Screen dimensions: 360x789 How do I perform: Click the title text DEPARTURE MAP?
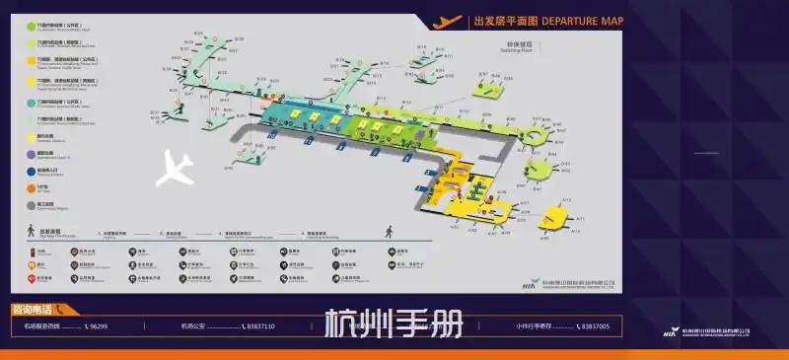583,20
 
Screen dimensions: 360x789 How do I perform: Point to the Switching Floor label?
518,46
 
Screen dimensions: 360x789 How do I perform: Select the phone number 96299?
96,325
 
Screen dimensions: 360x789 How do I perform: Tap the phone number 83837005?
592,325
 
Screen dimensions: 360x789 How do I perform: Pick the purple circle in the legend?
30,153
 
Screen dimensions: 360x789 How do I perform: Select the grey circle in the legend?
30,204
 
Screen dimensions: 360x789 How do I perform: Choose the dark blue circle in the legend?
30,170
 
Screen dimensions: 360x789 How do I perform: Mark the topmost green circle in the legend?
30,26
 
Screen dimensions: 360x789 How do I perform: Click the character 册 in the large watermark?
444,324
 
